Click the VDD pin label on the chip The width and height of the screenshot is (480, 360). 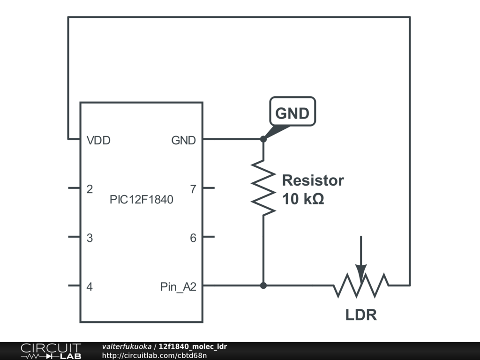pyautogui.click(x=98, y=140)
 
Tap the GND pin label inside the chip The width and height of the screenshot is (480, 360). pyautogui.click(x=183, y=140)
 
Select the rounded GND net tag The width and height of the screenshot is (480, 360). pyautogui.click(x=292, y=112)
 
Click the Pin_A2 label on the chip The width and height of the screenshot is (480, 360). pyautogui.click(x=178, y=287)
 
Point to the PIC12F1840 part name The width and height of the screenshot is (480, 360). pyautogui.click(x=142, y=200)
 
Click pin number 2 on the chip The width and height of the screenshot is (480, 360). pyautogui.click(x=90, y=189)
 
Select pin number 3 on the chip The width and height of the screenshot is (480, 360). pyautogui.click(x=90, y=238)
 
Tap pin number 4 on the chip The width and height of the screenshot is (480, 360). pyautogui.click(x=90, y=286)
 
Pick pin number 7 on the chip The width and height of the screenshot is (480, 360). pyautogui.click(x=193, y=189)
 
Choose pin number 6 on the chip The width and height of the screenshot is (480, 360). pyautogui.click(x=193, y=238)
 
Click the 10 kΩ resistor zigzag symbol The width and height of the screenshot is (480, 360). pyautogui.click(x=263, y=187)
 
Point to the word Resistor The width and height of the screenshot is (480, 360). pyautogui.click(x=313, y=180)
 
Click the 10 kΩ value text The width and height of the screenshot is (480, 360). pyautogui.click(x=303, y=199)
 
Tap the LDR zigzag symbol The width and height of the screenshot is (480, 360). pyautogui.click(x=361, y=285)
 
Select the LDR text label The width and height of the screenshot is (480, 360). pyautogui.click(x=361, y=315)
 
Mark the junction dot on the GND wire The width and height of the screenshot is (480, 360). pyautogui.click(x=263, y=139)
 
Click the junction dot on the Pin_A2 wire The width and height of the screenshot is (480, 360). pyautogui.click(x=263, y=285)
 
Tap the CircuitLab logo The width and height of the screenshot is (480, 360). pyautogui.click(x=51, y=351)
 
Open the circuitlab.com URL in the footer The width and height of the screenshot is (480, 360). pyautogui.click(x=154, y=355)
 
